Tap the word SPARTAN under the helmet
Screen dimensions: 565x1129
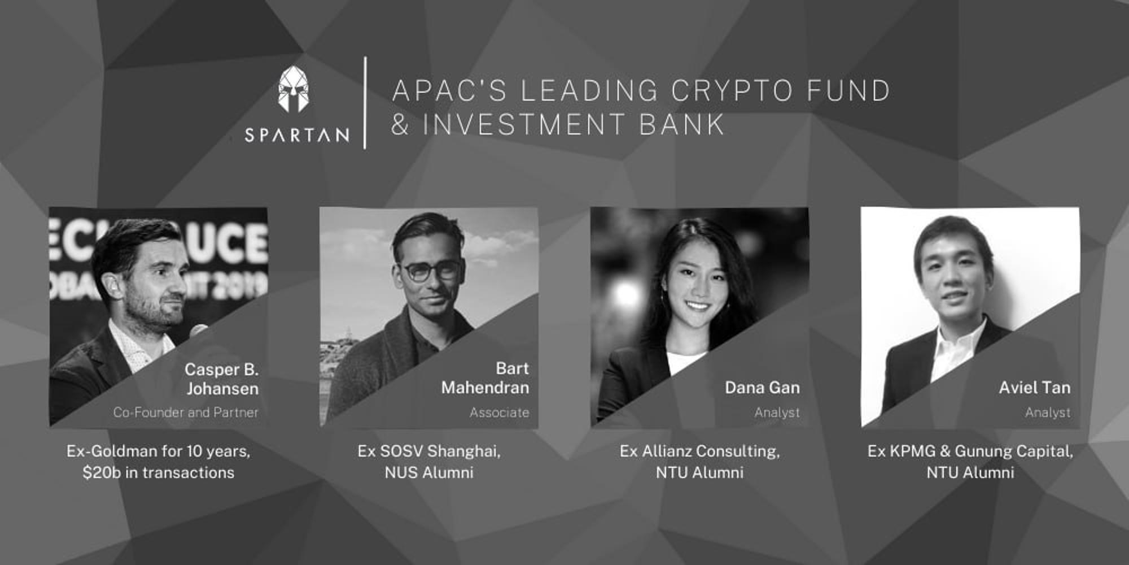click(x=297, y=135)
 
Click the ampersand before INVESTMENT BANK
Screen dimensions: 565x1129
click(x=400, y=125)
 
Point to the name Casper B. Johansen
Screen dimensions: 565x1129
click(x=222, y=379)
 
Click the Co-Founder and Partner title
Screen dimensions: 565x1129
click(x=186, y=412)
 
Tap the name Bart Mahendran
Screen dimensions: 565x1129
click(x=485, y=378)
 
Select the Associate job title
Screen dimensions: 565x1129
click(x=500, y=412)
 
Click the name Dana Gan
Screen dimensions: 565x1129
click(x=762, y=388)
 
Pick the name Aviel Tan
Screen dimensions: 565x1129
click(x=1034, y=388)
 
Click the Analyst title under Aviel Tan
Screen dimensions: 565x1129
click(x=1048, y=412)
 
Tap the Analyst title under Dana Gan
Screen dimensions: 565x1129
click(x=777, y=412)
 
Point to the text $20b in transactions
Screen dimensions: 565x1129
click(x=159, y=472)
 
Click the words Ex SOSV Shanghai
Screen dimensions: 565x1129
click(x=429, y=451)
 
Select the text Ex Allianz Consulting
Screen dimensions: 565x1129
click(x=699, y=451)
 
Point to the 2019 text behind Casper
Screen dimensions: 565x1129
click(x=246, y=286)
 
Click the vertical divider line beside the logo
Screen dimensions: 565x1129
click(x=365, y=103)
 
